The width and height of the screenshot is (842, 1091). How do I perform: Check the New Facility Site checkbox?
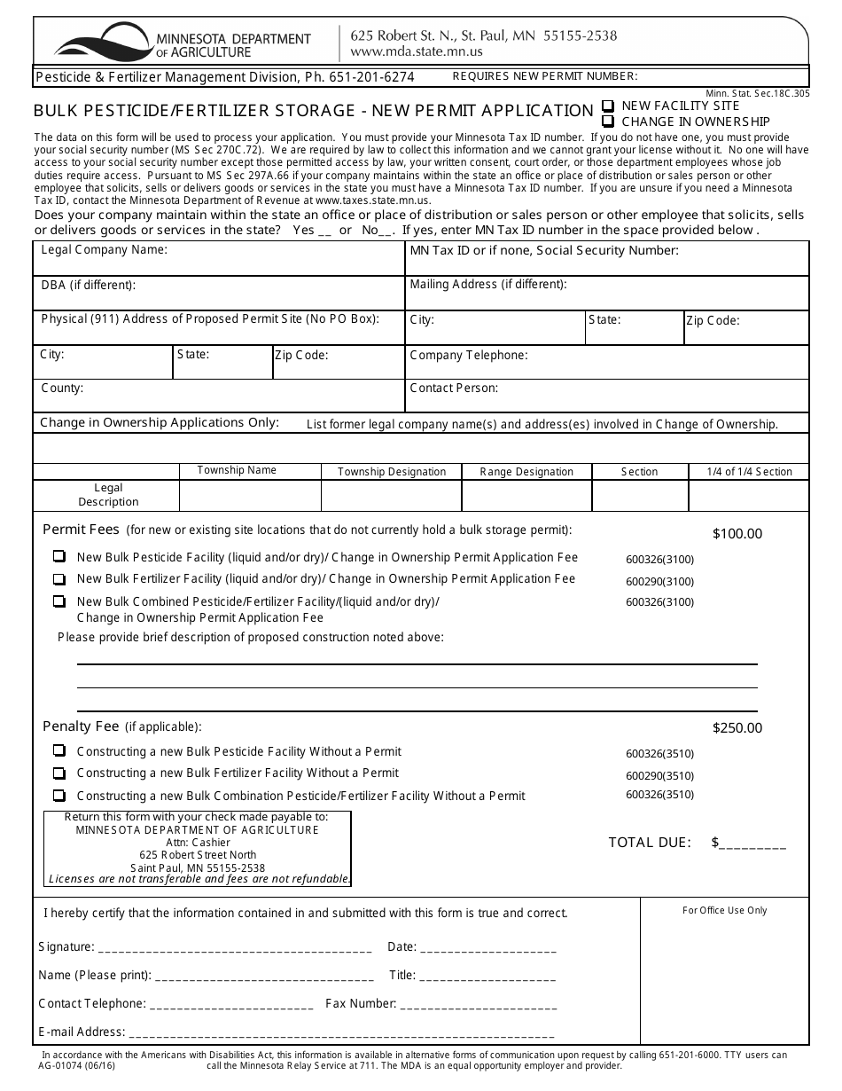608,106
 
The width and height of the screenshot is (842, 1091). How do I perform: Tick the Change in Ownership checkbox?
608,122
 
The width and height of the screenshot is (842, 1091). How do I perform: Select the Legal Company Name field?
219,259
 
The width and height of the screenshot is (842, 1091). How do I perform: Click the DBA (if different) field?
219,294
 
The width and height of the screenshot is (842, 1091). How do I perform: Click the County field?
219,396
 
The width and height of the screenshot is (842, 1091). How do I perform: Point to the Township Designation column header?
392,472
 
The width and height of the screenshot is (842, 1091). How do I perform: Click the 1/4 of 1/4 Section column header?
749,472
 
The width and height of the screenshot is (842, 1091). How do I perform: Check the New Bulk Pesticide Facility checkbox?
59,557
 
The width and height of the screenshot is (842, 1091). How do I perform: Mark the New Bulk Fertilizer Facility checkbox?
59,579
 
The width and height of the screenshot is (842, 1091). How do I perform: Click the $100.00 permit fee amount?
737,534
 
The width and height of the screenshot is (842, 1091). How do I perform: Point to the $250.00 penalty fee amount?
737,728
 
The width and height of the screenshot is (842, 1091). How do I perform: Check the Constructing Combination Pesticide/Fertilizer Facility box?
59,796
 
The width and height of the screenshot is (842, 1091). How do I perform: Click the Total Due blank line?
752,844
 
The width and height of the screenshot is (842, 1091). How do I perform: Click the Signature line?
234,947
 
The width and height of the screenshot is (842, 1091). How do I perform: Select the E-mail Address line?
341,1032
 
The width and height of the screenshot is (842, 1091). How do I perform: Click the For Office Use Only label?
724,910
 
